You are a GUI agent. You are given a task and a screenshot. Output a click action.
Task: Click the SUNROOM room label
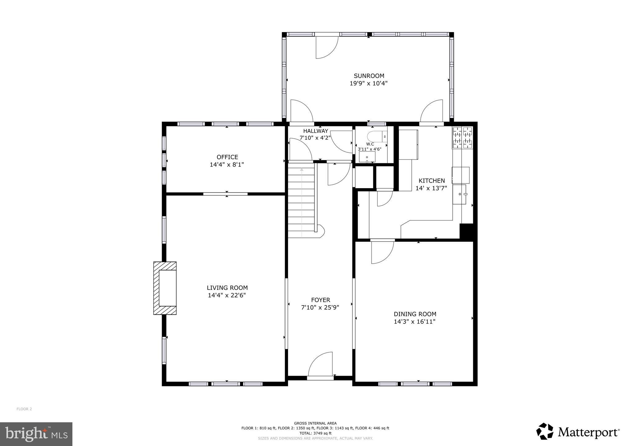(369, 76)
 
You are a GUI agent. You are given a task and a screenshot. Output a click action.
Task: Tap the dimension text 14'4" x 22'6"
(227, 295)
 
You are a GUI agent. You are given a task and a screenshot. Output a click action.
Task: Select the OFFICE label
(227, 157)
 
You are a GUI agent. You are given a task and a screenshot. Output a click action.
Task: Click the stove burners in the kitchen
(462, 138)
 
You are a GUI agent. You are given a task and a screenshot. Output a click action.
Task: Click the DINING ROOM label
(415, 314)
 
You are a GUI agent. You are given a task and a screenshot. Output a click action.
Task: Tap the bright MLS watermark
(36, 434)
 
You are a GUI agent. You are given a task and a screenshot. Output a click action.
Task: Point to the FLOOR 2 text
(24, 409)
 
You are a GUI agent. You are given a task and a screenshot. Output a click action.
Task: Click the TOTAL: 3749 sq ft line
(315, 433)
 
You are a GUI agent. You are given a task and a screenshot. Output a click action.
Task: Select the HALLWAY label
(315, 131)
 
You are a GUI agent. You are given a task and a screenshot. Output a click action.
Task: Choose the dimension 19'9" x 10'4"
(368, 83)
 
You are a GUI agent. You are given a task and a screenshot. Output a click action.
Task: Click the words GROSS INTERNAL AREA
(315, 423)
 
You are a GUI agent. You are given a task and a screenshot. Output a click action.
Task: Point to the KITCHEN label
(431, 181)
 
